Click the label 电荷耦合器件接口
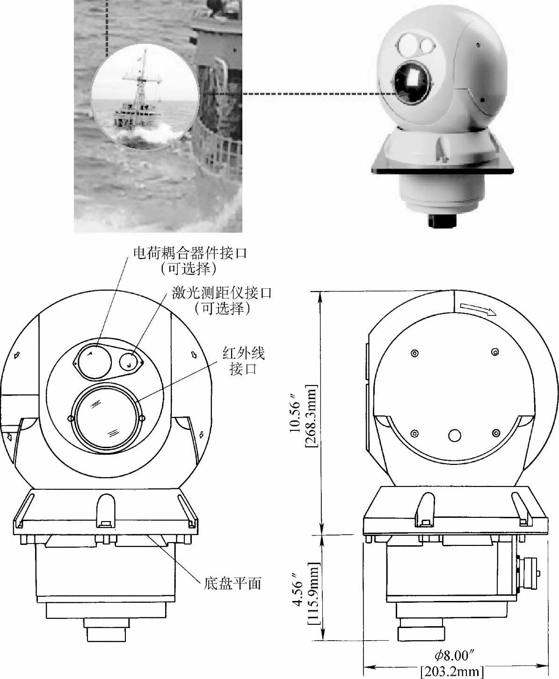click(190, 254)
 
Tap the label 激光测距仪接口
click(222, 293)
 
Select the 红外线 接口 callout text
click(243, 360)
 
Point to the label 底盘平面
click(232, 583)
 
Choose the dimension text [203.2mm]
click(452, 672)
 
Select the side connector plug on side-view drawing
click(530, 572)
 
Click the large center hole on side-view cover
click(454, 436)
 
